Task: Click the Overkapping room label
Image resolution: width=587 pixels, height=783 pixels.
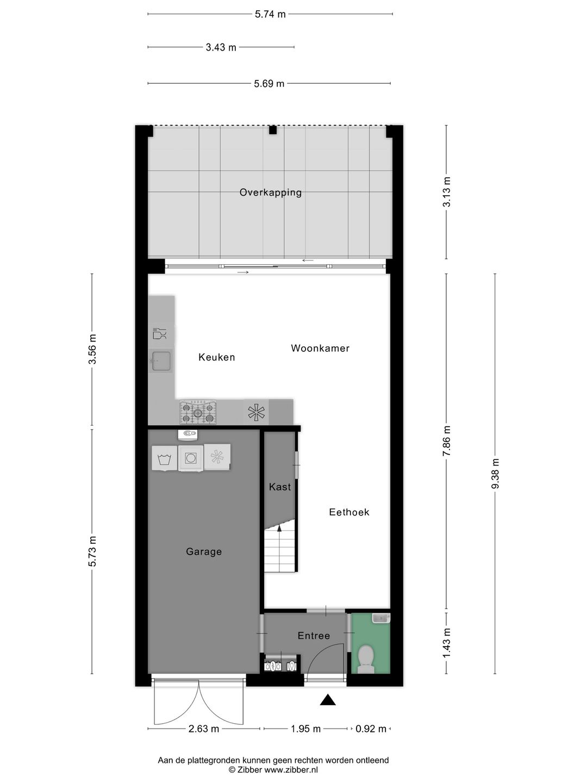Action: [x=270, y=192]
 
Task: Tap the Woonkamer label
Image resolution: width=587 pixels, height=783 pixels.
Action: [x=320, y=349]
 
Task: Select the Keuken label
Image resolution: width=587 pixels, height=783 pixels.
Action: [x=217, y=357]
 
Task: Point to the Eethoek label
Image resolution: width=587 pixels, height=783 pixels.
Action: [x=349, y=512]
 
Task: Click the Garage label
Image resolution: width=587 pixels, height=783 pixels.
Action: [x=204, y=552]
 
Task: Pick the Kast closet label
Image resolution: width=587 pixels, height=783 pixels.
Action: [x=280, y=487]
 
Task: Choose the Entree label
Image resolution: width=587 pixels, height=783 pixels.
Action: [x=314, y=636]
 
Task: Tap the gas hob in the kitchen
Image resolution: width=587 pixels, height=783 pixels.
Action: [x=198, y=413]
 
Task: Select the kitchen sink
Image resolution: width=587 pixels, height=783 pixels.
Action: [x=161, y=361]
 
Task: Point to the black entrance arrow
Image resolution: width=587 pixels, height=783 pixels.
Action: [x=327, y=700]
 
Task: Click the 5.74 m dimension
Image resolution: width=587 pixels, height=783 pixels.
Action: [x=270, y=14]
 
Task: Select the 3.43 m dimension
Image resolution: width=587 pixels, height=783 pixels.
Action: [x=221, y=47]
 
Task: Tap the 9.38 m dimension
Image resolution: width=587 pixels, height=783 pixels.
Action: [x=495, y=474]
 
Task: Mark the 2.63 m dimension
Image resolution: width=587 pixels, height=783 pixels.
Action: [x=204, y=729]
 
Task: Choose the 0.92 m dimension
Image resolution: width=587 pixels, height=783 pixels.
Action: [x=371, y=729]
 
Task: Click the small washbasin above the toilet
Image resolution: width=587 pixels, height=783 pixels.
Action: [x=380, y=618]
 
